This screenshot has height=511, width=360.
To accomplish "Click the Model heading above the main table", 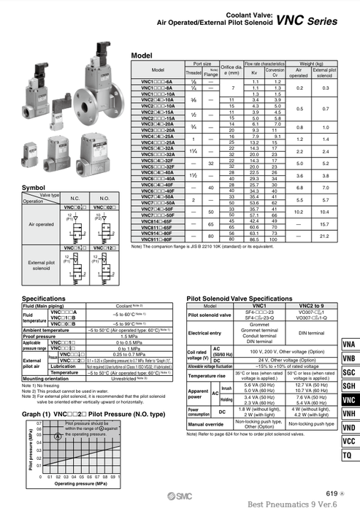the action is pos(141,55).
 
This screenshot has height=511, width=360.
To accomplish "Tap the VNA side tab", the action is pos(348,324).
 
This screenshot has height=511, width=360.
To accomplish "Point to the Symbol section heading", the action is pos(34,188).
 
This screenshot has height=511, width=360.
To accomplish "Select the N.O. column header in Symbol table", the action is pos(104,199).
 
